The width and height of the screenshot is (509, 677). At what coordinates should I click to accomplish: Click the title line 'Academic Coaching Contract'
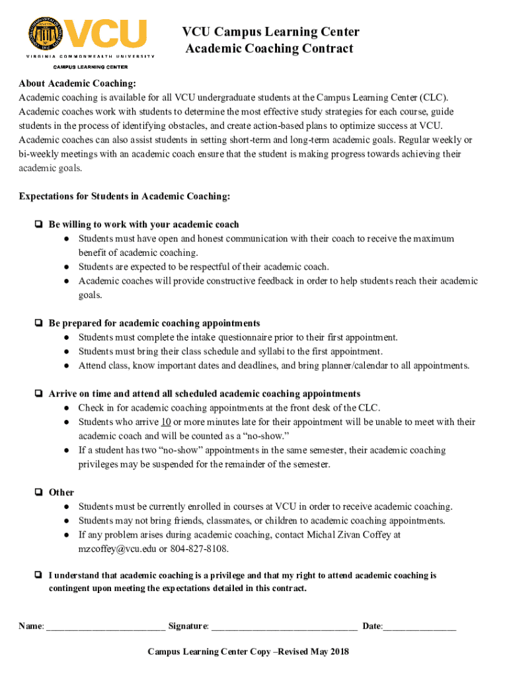pos(269,48)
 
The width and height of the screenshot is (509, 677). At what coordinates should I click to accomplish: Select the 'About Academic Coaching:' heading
pos(77,83)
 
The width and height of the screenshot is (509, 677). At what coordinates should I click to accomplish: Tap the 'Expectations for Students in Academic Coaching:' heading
pos(125,196)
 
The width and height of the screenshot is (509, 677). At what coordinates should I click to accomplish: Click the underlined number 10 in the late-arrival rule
pos(166,422)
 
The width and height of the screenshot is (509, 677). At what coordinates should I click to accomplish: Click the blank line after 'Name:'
pos(106,626)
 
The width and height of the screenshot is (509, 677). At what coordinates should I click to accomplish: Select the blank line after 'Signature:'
pos(284,626)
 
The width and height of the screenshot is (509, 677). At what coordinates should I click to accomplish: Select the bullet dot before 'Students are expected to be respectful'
pos(67,267)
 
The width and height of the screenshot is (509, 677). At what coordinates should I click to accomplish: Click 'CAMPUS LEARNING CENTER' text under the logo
pos(91,67)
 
